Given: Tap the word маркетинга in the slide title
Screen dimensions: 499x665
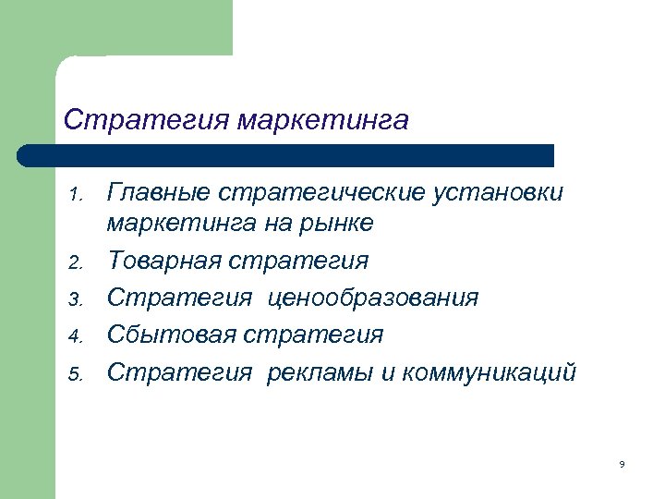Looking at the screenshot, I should point(322,120).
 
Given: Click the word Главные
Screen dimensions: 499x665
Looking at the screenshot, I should point(161,193).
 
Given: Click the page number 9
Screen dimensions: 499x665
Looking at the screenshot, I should point(623,464).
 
